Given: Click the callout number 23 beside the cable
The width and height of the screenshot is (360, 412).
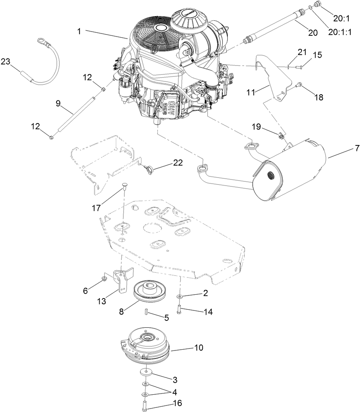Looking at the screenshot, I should (x=6, y=62).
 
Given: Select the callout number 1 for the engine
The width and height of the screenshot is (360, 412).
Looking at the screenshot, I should (x=79, y=32).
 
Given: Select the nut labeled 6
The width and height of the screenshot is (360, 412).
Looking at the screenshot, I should (x=105, y=279).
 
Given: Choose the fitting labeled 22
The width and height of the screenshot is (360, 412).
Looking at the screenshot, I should (x=148, y=168).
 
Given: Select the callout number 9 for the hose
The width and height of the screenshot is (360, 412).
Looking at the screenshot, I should (x=58, y=103).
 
